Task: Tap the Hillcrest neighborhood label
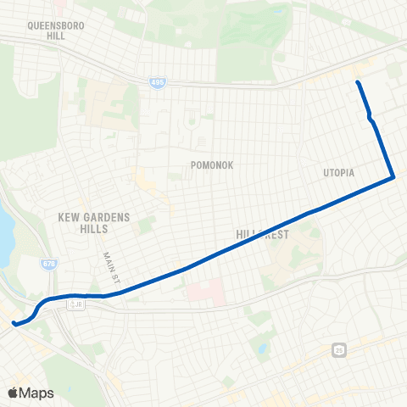[262, 232]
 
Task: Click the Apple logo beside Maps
[14, 393]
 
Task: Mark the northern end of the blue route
[358, 82]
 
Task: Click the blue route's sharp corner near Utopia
[393, 177]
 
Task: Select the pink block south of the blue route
[204, 291]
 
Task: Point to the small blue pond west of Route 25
[262, 348]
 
